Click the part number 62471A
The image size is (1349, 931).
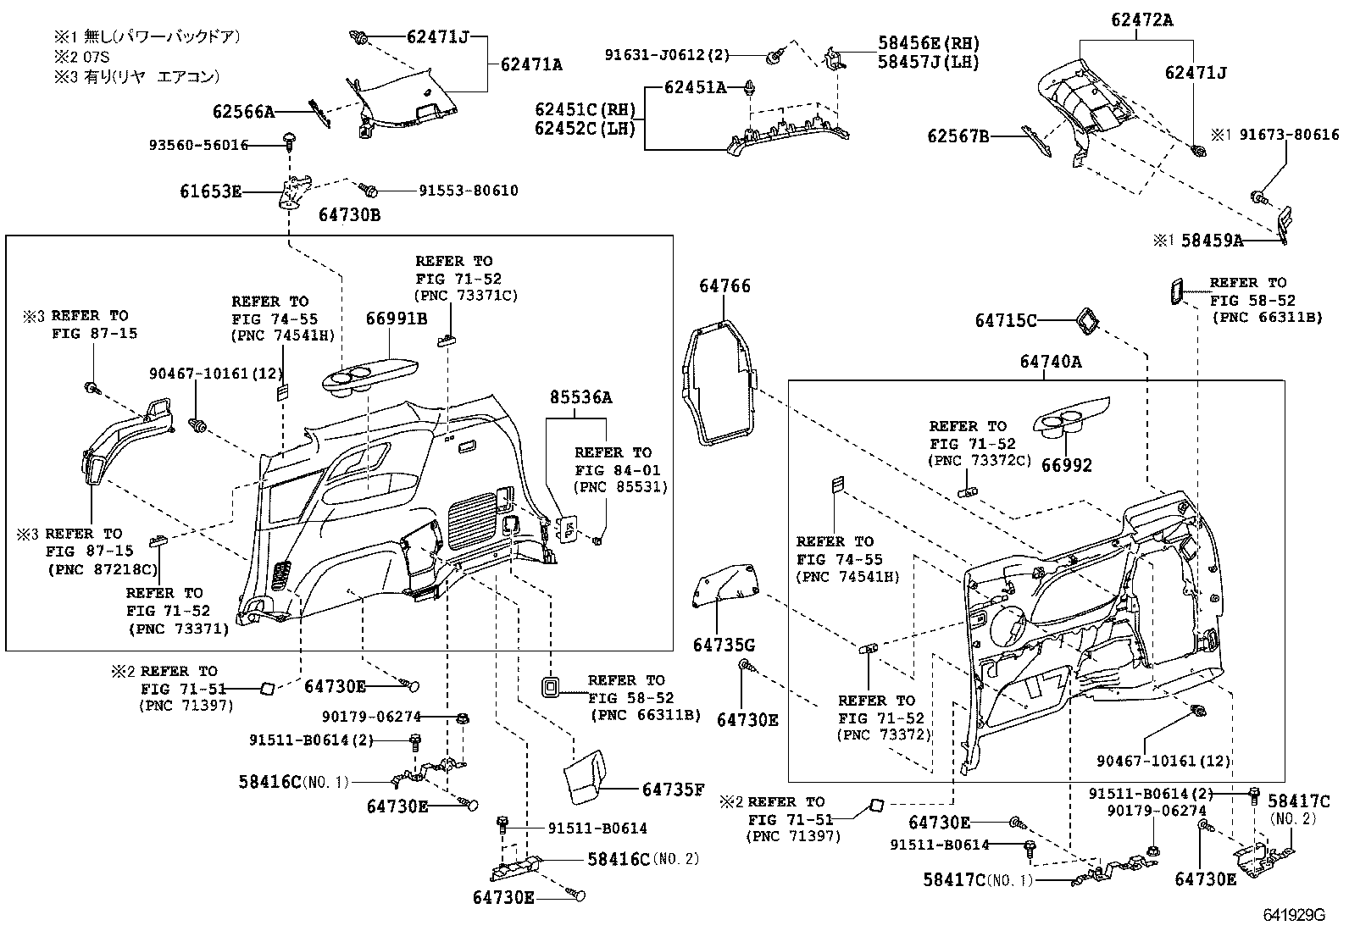tap(531, 64)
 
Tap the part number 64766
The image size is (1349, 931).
tap(724, 286)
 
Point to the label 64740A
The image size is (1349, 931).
tap(1051, 362)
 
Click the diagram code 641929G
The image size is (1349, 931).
tap(1293, 916)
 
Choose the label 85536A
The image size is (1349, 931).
tap(580, 396)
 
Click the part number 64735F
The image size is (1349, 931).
tap(674, 790)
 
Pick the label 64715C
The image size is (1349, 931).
tap(1006, 320)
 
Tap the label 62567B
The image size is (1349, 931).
tap(958, 135)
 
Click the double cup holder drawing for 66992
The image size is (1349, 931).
tap(1066, 423)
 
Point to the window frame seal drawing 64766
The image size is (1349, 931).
tap(716, 381)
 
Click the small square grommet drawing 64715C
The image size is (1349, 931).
tap(1086, 319)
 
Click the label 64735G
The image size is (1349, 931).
tap(724, 645)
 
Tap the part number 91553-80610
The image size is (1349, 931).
tap(469, 190)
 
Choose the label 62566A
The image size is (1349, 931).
tap(244, 111)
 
